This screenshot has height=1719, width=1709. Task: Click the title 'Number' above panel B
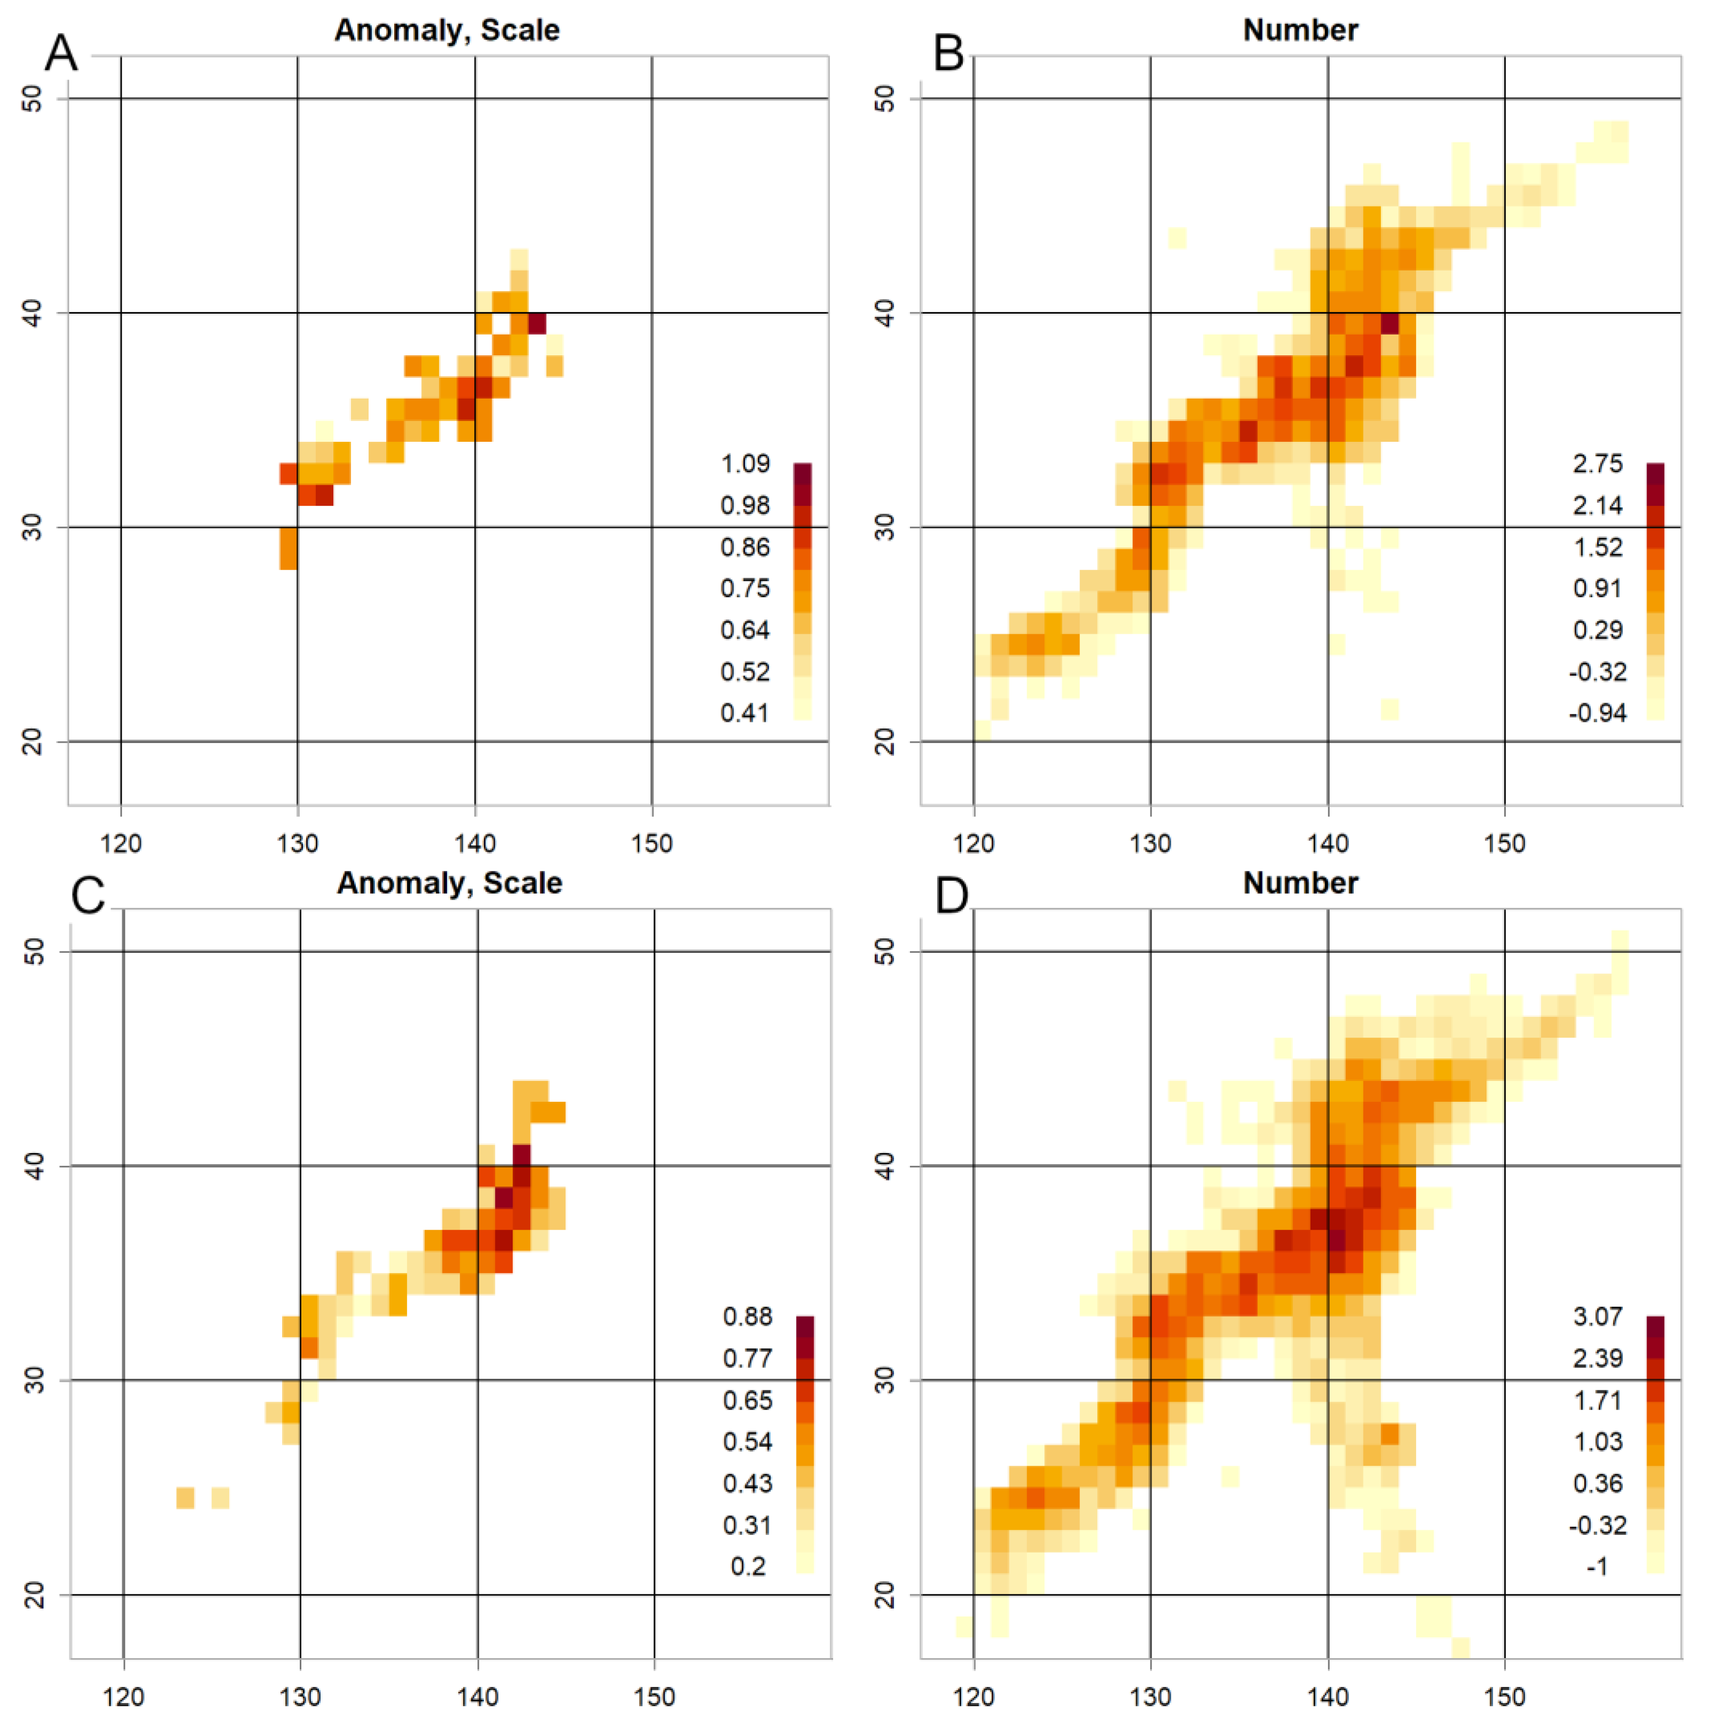[x=1300, y=30]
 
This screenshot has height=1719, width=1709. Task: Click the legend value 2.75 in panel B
[x=1598, y=464]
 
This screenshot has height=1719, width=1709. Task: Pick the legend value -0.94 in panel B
[x=1598, y=713]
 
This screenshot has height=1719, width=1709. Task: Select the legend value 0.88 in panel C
[x=747, y=1317]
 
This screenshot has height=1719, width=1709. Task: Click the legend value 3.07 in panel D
[x=1598, y=1317]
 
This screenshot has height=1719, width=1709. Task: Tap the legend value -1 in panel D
[x=1598, y=1566]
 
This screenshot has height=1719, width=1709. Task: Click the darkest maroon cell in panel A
[x=537, y=323]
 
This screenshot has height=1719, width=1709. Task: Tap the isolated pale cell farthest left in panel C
[x=185, y=1498]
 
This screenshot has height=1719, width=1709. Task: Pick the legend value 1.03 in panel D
[x=1598, y=1442]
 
